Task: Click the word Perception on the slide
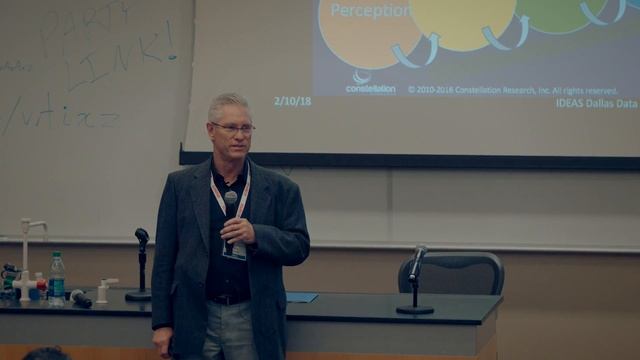[x=371, y=11]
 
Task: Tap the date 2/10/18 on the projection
[x=292, y=101]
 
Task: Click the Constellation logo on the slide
[x=369, y=82]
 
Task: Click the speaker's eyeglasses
[x=233, y=127]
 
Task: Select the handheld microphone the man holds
[x=231, y=205]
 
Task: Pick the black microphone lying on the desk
[x=80, y=298]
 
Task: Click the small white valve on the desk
[x=103, y=290]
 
